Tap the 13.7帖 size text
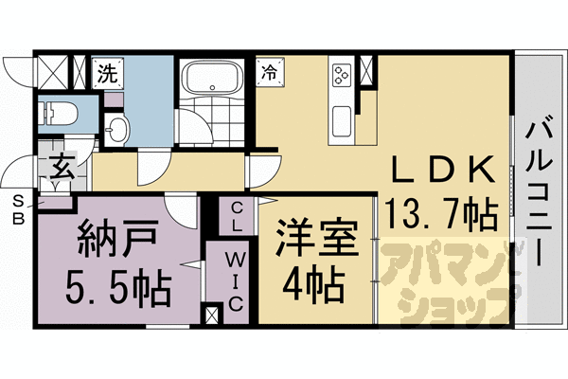442,216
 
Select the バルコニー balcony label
541,189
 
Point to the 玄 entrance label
61,171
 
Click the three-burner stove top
340,72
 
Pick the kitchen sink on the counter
341,121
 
